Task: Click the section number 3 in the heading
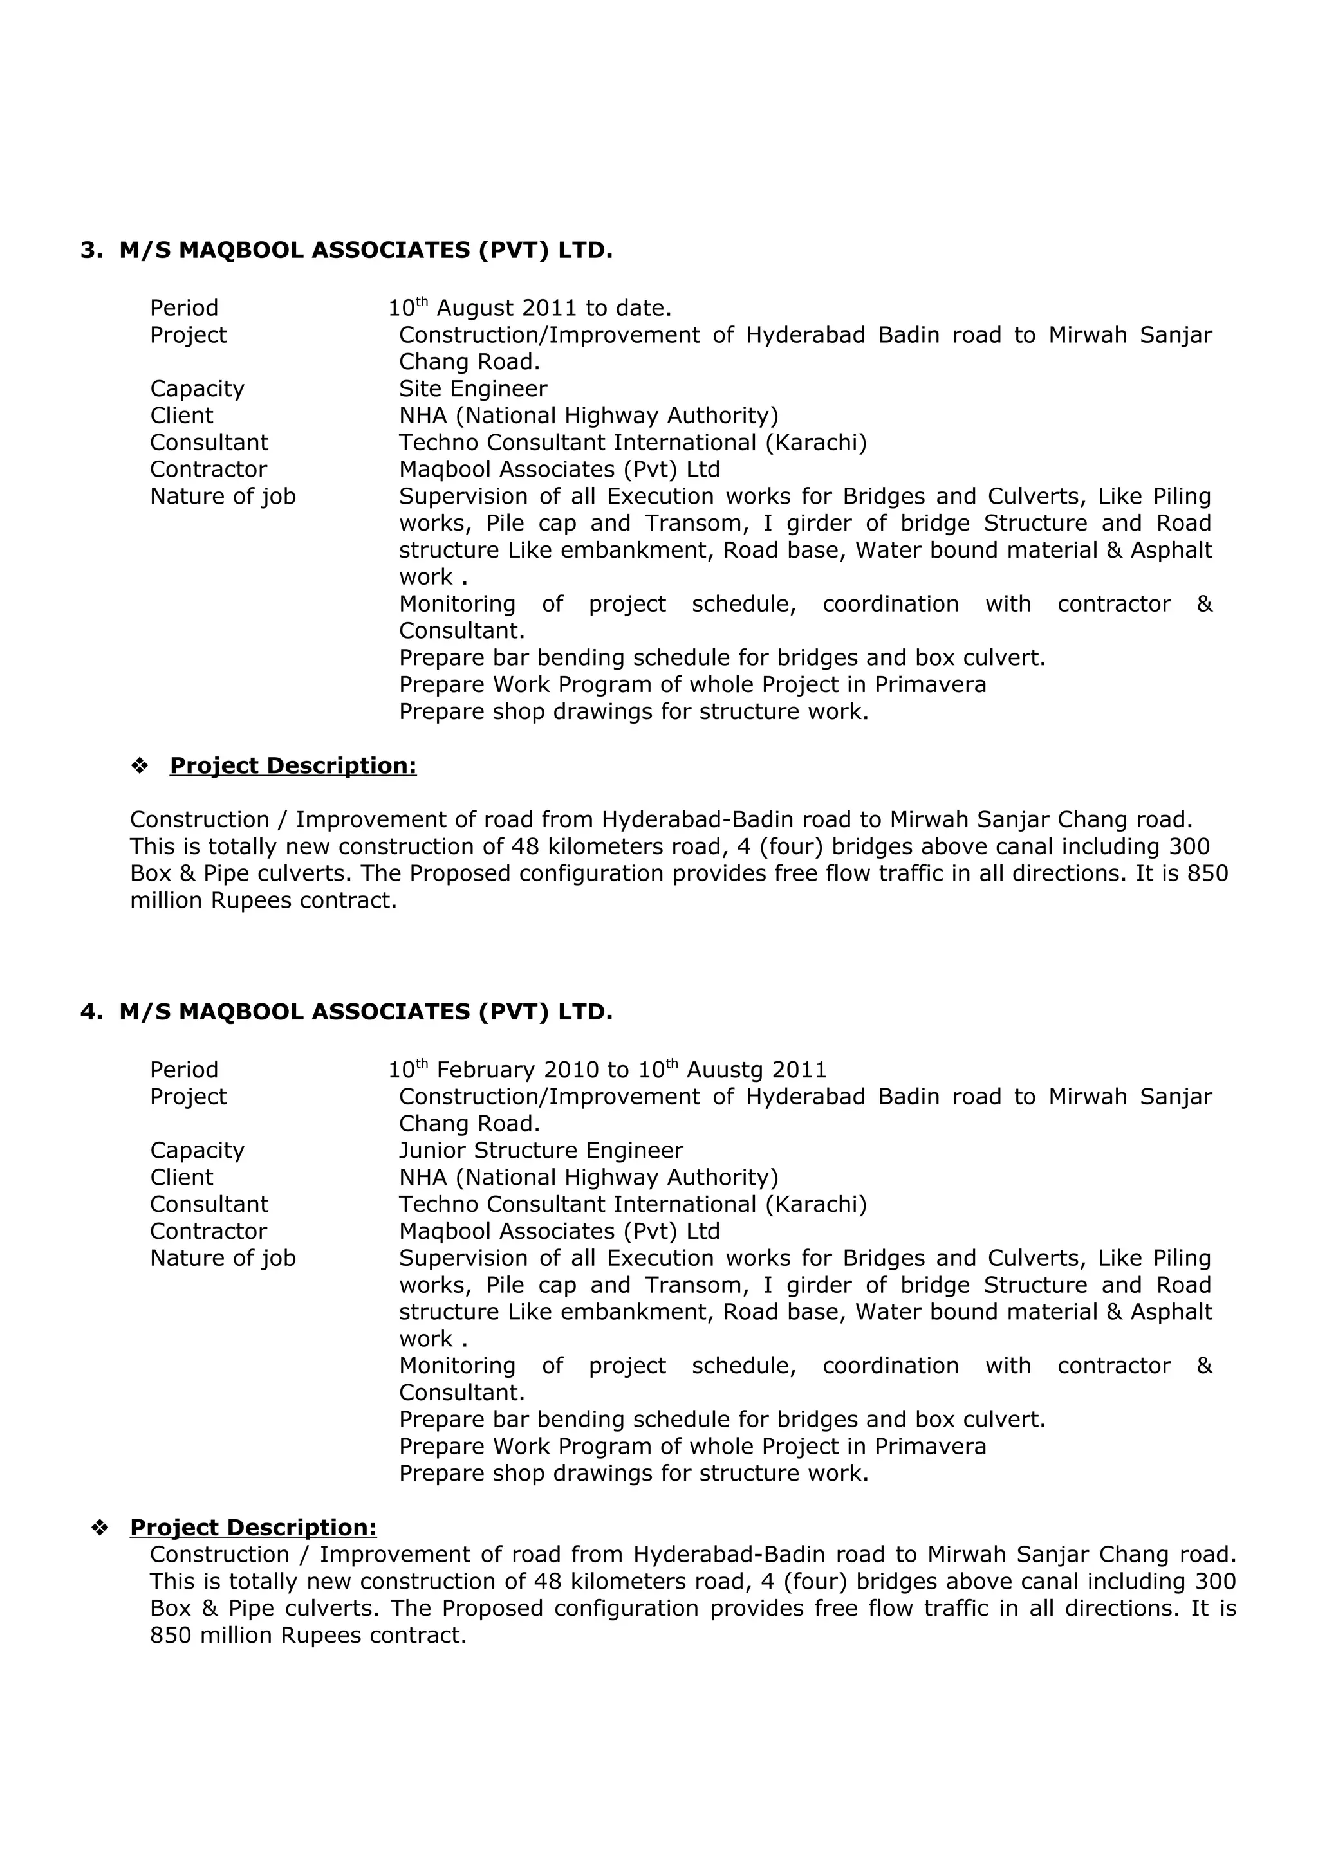click(88, 251)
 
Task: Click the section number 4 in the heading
click(88, 1012)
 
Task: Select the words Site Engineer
click(472, 389)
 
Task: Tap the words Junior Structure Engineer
click(541, 1151)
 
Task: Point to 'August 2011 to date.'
click(554, 309)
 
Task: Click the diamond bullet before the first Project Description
click(140, 765)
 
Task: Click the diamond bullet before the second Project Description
click(100, 1528)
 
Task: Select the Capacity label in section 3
click(198, 389)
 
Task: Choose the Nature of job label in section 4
click(223, 1258)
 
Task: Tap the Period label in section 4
click(184, 1070)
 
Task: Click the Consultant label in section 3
click(209, 443)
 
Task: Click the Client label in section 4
click(182, 1177)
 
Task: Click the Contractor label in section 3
click(208, 470)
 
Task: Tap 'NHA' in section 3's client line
click(422, 416)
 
